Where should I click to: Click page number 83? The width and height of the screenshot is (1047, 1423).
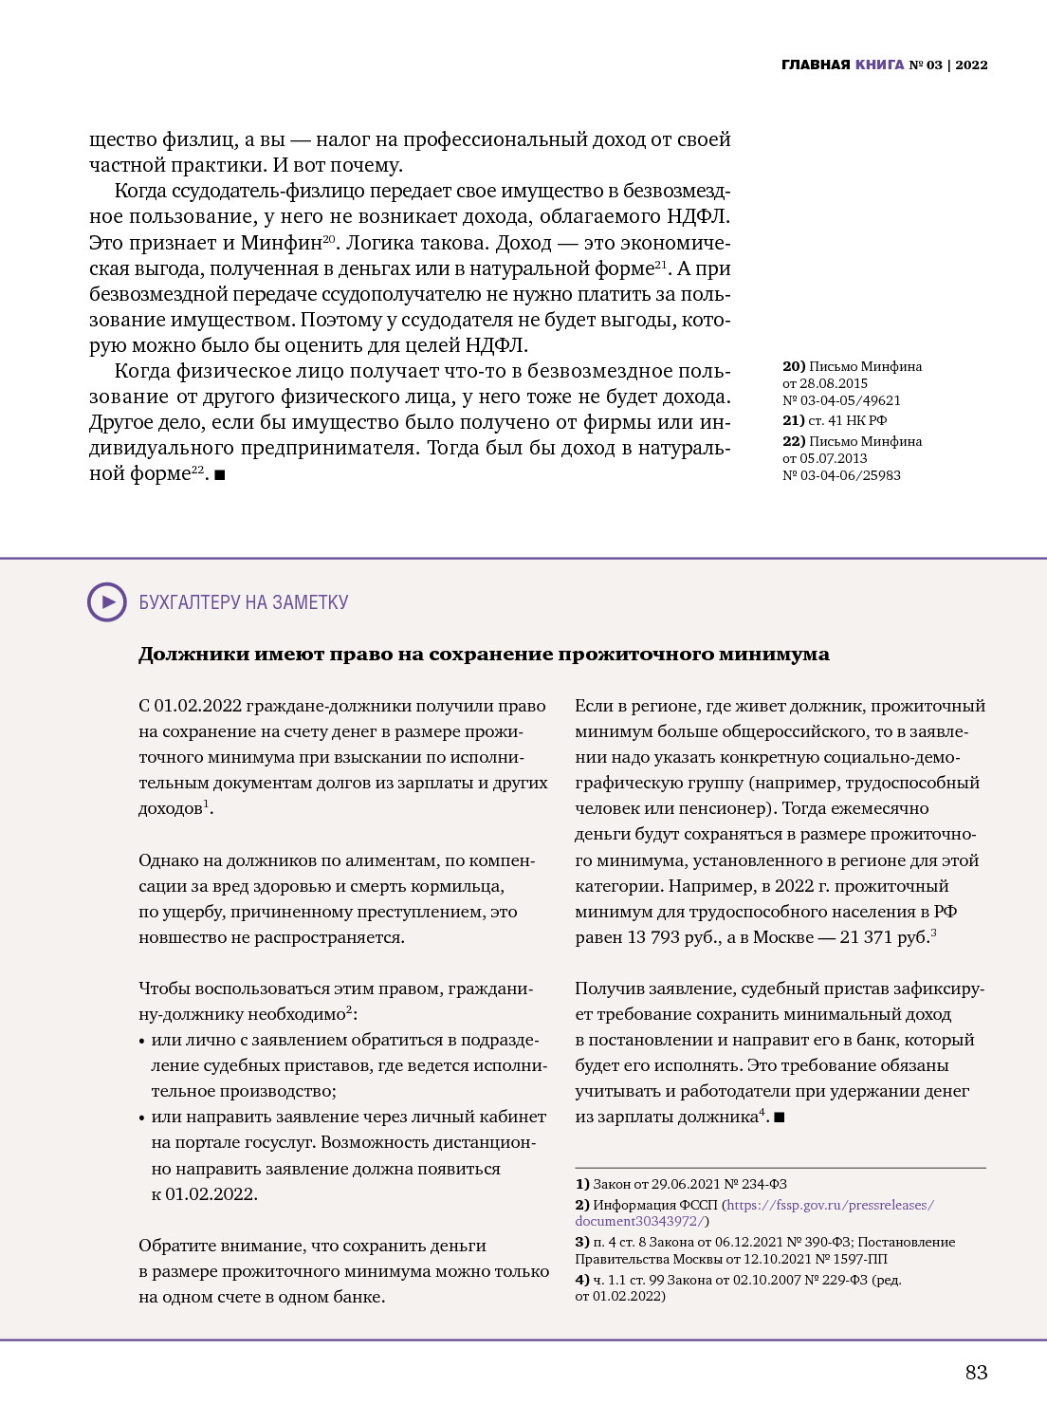tap(976, 1372)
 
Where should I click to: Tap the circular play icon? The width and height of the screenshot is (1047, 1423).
tap(107, 602)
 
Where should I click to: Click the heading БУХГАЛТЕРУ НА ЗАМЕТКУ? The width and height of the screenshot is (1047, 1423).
tap(244, 602)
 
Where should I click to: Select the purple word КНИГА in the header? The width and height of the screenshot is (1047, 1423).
tap(879, 65)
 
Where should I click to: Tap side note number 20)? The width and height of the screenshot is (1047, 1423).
tap(794, 366)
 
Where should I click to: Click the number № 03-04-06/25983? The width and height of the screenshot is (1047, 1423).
tap(841, 475)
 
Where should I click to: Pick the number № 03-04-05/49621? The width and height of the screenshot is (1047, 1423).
tap(841, 400)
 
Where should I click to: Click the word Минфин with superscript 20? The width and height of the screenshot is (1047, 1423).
tap(281, 243)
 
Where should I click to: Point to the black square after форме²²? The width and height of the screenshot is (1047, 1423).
tap(220, 474)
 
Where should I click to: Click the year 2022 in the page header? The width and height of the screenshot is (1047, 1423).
tap(971, 65)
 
